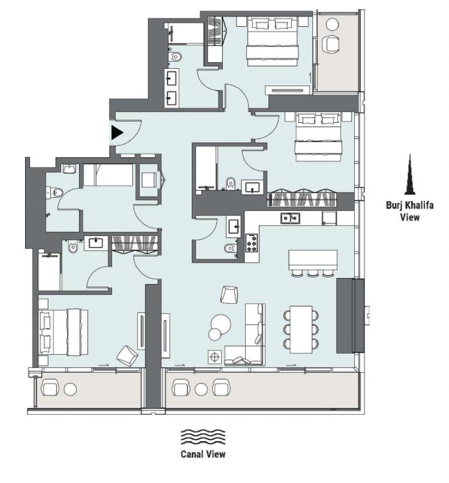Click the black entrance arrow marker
pos(117,132)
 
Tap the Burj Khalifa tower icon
pos(410,174)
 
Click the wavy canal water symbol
pos(203,437)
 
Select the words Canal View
pos(203,454)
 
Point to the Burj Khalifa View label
pos(410,211)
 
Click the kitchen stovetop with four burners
pos(251,243)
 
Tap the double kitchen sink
pos(290,218)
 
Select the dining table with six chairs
pos(301,329)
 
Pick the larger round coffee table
pos(221,323)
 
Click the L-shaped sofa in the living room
pos(245,334)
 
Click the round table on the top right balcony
pos(332,24)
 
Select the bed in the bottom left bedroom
pos(63,333)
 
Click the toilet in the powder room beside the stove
pos(230,248)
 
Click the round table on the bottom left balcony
pos(70,389)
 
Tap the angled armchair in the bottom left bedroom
pos(127,356)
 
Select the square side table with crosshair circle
pos(215,357)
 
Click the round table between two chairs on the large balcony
pos(201,389)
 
